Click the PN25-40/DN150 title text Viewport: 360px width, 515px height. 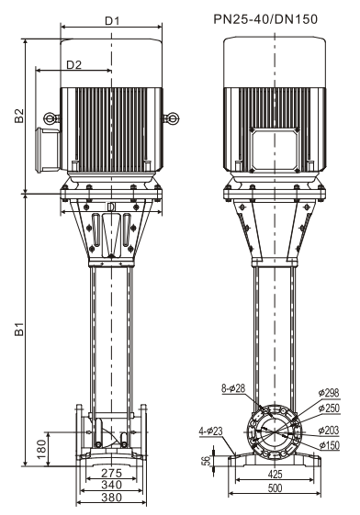tap(265, 19)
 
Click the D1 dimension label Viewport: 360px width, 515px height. tap(112, 21)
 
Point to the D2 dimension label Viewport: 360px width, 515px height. tap(73, 64)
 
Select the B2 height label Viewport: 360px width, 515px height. tap(19, 116)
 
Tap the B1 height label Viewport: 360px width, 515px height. tap(19, 329)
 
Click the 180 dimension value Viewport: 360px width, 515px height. tap(41, 449)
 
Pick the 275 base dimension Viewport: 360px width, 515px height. tap(111, 473)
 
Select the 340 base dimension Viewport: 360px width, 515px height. tap(112, 485)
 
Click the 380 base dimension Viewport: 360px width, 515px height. tap(112, 498)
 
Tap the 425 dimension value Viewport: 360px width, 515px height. tap(275, 474)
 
